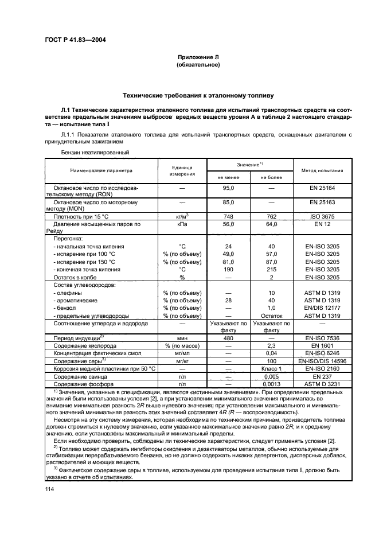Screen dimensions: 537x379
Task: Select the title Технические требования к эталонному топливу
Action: [198, 95]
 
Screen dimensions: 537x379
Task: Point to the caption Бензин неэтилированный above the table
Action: [95, 153]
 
